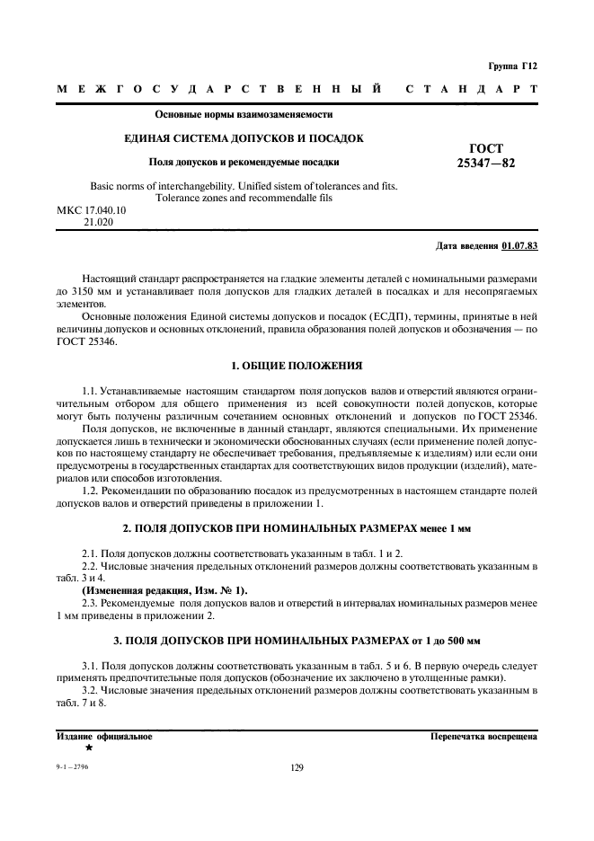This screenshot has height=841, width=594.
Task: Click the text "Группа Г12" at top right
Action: [x=511, y=66]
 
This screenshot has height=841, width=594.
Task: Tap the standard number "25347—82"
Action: [x=486, y=164]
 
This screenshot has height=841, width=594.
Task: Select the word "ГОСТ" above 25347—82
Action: [x=486, y=148]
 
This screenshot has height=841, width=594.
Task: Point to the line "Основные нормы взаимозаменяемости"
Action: [x=244, y=115]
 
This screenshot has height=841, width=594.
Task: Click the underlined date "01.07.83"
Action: [x=519, y=245]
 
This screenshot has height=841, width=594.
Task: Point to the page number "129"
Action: [x=297, y=767]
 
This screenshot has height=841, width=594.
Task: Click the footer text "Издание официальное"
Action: [x=104, y=736]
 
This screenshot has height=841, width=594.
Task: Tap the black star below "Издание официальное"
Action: [x=89, y=748]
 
